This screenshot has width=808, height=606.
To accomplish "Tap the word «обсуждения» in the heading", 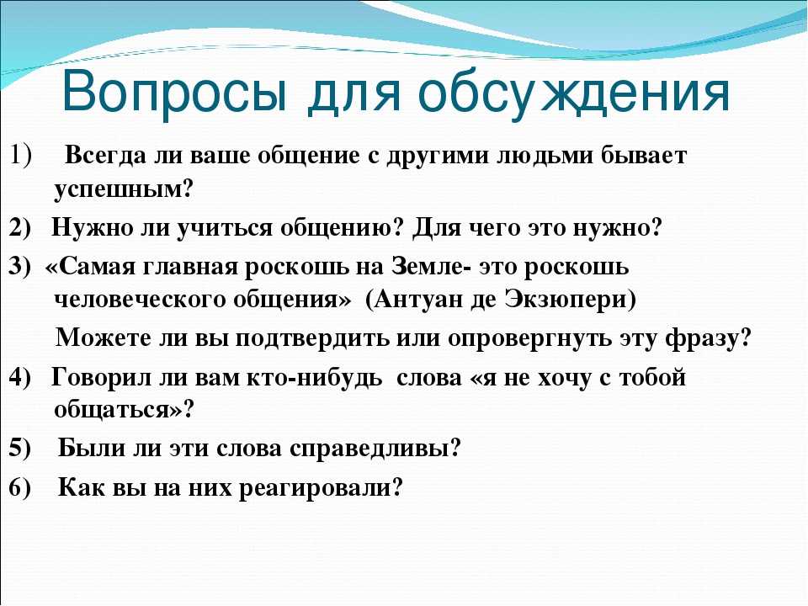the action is click(x=574, y=94).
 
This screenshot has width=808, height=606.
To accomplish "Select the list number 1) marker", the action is click(x=20, y=156).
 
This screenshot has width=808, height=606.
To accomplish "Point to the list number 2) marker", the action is click(x=19, y=228).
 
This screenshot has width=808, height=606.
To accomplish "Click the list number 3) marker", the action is click(x=19, y=267).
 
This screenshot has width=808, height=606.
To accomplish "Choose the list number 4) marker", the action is click(x=19, y=378).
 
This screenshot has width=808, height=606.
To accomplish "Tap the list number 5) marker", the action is click(x=19, y=448).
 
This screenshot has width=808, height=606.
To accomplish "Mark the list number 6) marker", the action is click(x=19, y=487).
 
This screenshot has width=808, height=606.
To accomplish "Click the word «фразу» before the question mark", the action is click(x=702, y=339).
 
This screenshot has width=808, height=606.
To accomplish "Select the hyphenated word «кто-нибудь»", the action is click(x=314, y=378).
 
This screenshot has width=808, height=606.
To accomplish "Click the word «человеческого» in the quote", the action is click(x=140, y=300).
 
